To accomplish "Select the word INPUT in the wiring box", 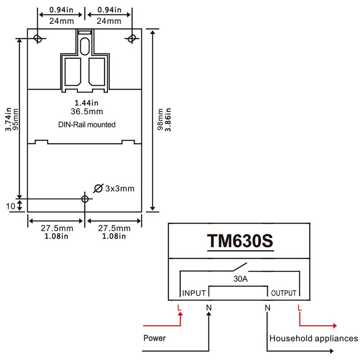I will [x=194, y=293].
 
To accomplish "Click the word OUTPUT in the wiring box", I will [x=284, y=293].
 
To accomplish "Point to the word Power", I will [x=154, y=338].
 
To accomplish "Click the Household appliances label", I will [x=313, y=338].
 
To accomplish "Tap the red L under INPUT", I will [x=179, y=307].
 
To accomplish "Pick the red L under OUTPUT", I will [x=299, y=307].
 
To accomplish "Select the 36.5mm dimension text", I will [x=87, y=111].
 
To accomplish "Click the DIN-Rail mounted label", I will [x=87, y=125].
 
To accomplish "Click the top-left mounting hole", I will [x=37, y=38].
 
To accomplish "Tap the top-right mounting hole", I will [x=132, y=38].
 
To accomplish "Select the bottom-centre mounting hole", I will [x=85, y=199].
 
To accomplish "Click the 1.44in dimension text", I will [x=87, y=103].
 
